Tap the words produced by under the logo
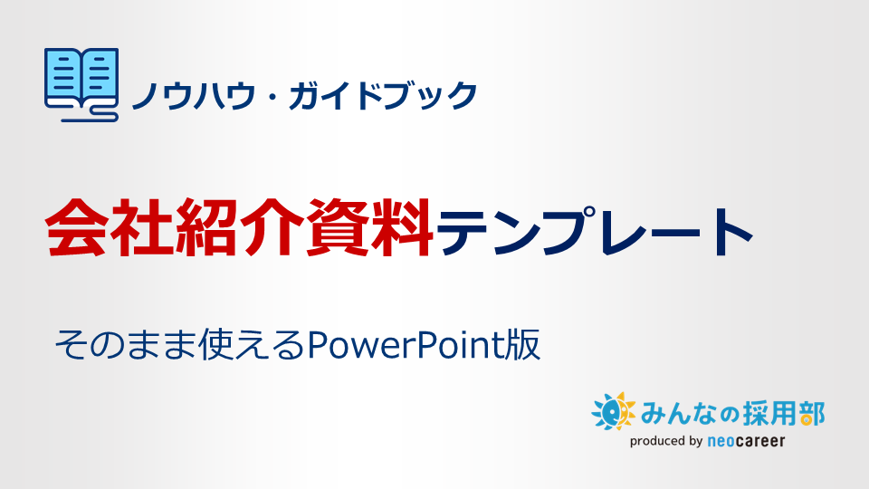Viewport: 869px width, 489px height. (667, 442)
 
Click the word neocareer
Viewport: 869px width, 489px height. (747, 442)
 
